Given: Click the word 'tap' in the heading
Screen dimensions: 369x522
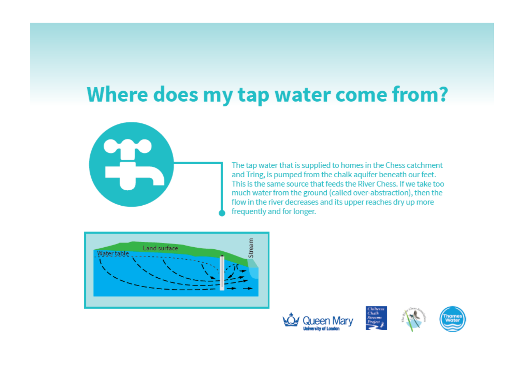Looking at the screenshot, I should pyautogui.click(x=253, y=95).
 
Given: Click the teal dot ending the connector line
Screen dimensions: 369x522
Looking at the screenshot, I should pyautogui.click(x=222, y=213).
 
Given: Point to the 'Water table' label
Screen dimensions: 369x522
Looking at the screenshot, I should pyautogui.click(x=113, y=253).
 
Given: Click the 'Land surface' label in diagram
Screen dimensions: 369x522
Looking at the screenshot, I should pyautogui.click(x=160, y=248).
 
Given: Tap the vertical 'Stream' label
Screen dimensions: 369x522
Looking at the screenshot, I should pyautogui.click(x=251, y=248).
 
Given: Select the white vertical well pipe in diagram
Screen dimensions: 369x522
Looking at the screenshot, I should pyautogui.click(x=222, y=273).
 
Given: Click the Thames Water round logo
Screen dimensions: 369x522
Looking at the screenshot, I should pyautogui.click(x=452, y=319).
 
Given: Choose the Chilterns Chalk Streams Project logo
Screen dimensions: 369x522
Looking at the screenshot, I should pyautogui.click(x=376, y=318).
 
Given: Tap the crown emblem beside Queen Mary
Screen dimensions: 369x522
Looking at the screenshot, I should pyautogui.click(x=291, y=320).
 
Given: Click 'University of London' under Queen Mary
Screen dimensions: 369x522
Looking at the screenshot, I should pyautogui.click(x=321, y=329).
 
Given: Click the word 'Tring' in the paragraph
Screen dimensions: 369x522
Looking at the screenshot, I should pyautogui.click(x=255, y=175).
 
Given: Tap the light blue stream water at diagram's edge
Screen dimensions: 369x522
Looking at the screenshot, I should pyautogui.click(x=254, y=272).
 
